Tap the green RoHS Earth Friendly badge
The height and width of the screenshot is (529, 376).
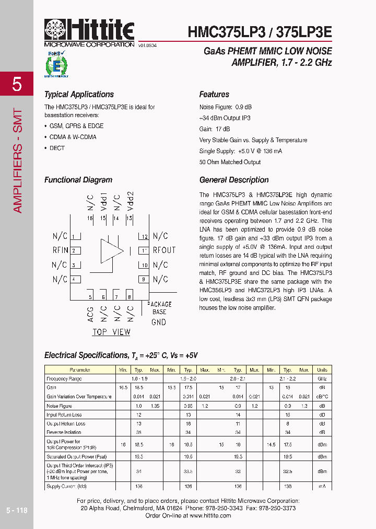coord(54,64)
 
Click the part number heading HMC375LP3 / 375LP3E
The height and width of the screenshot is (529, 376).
coord(260,32)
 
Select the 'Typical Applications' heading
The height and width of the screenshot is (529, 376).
coord(79,95)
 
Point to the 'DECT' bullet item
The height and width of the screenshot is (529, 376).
coord(57,148)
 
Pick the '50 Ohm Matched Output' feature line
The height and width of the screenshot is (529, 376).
coord(230,162)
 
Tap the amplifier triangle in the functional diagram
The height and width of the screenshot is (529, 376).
coord(111,250)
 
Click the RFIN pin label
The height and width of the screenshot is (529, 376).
coord(60,250)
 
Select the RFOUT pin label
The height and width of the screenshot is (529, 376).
coord(164,250)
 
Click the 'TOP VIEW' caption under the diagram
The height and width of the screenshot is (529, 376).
coord(111,332)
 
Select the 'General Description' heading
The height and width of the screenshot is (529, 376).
coord(234,180)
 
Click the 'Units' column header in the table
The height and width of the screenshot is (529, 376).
coord(322,370)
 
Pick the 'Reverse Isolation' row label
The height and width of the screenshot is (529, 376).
coord(64,432)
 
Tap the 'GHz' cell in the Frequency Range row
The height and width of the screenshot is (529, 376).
coord(322,378)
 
